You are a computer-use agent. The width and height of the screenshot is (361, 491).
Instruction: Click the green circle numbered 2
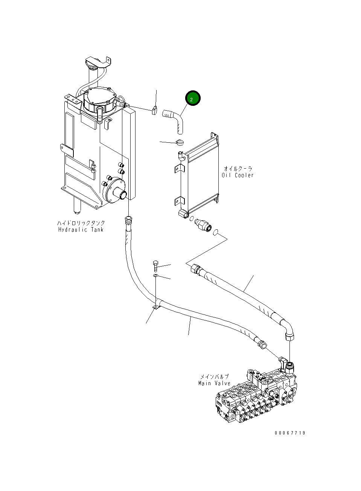coord(192,99)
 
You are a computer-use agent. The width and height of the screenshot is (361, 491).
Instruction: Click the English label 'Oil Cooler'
coord(238,175)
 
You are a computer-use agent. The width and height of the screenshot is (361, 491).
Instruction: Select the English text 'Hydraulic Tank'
coord(81,230)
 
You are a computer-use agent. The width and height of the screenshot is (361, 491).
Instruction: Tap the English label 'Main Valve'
coord(214,383)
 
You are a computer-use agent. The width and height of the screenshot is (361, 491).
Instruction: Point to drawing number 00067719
coord(290,433)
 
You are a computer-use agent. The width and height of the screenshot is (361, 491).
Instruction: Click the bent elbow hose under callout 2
coord(174,119)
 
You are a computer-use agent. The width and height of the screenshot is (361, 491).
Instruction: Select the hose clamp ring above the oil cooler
coord(180,142)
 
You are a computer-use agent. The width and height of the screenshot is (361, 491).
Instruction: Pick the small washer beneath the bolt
coord(155,277)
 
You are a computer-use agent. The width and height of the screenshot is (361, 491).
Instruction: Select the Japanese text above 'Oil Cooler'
coord(238,169)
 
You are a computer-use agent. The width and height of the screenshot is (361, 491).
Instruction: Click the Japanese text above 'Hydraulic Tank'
coord(81,223)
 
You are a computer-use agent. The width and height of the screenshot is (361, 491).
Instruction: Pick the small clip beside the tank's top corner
coord(154,111)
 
